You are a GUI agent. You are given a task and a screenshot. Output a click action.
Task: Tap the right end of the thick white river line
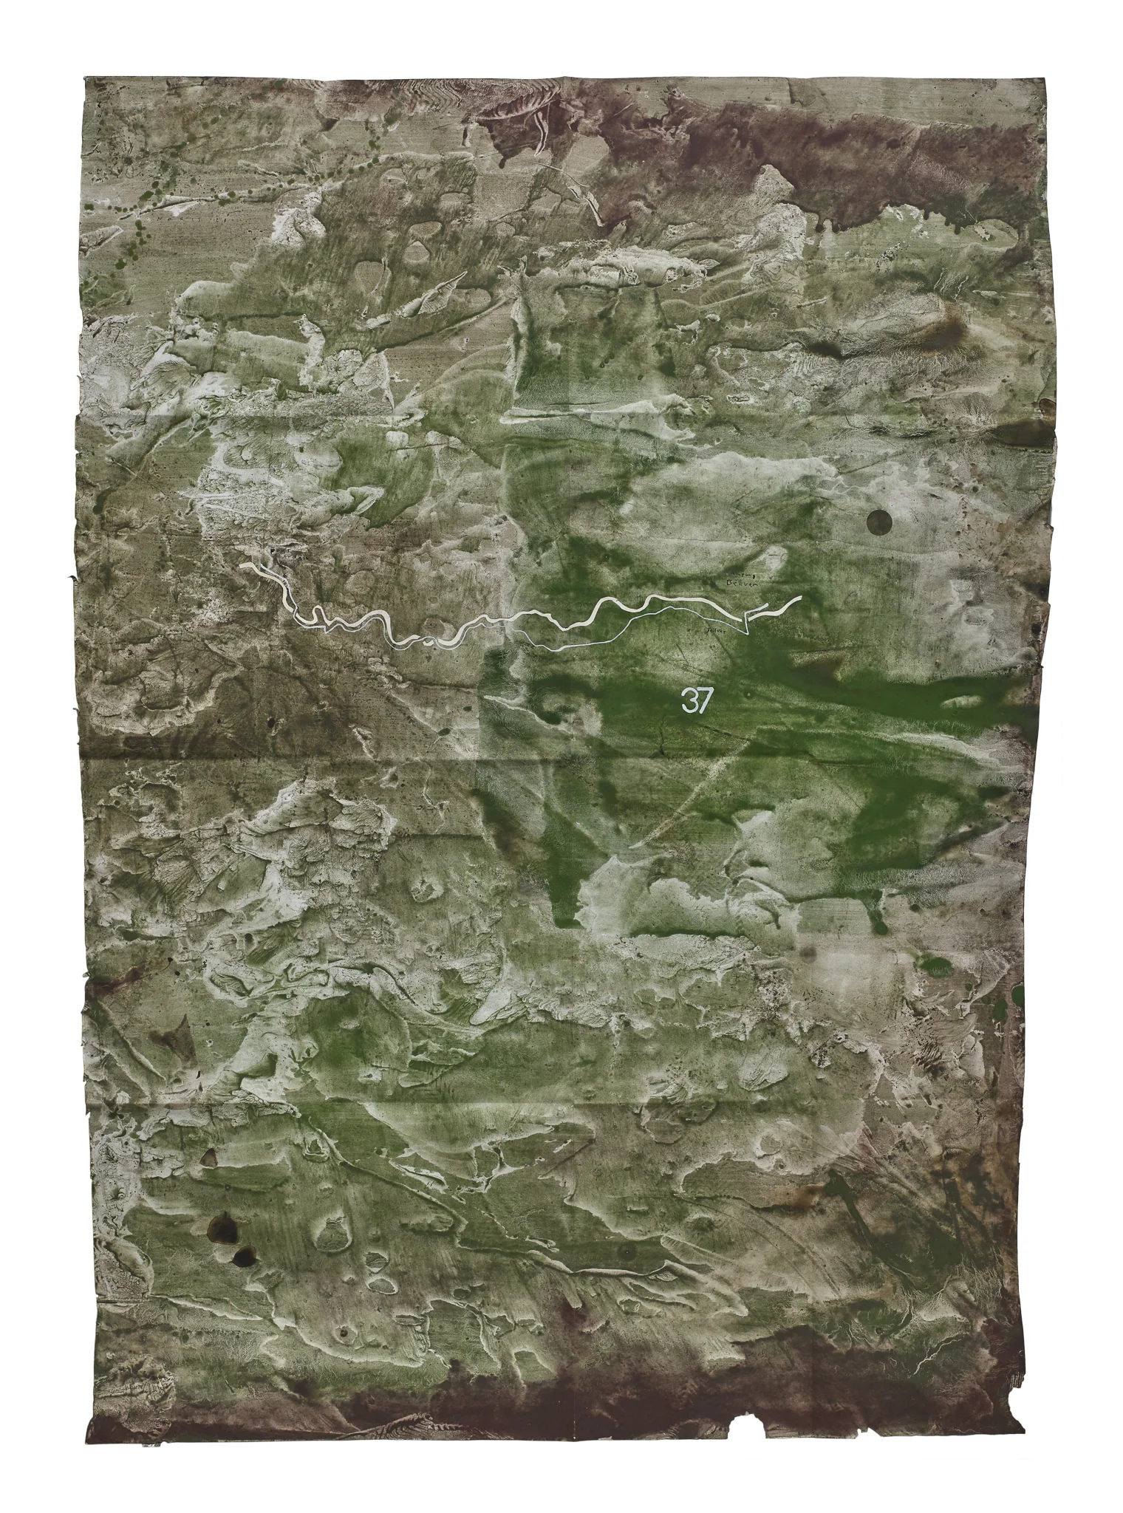click(799, 598)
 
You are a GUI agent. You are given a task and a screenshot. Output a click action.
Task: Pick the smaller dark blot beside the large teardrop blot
click(242, 1255)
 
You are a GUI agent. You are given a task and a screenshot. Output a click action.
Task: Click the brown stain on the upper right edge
click(1045, 405)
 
